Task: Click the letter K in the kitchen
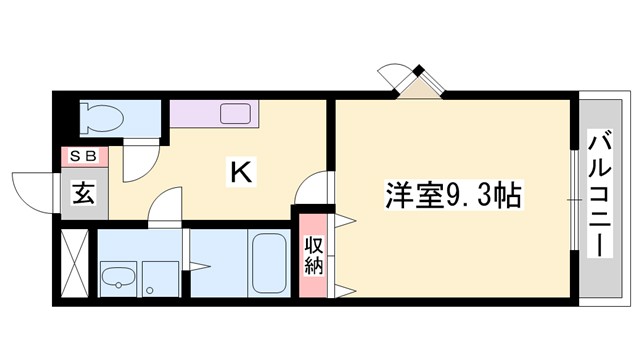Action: tap(241, 172)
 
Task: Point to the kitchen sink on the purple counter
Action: tap(236, 113)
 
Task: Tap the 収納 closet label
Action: tap(314, 254)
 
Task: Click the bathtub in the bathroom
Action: tap(267, 262)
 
